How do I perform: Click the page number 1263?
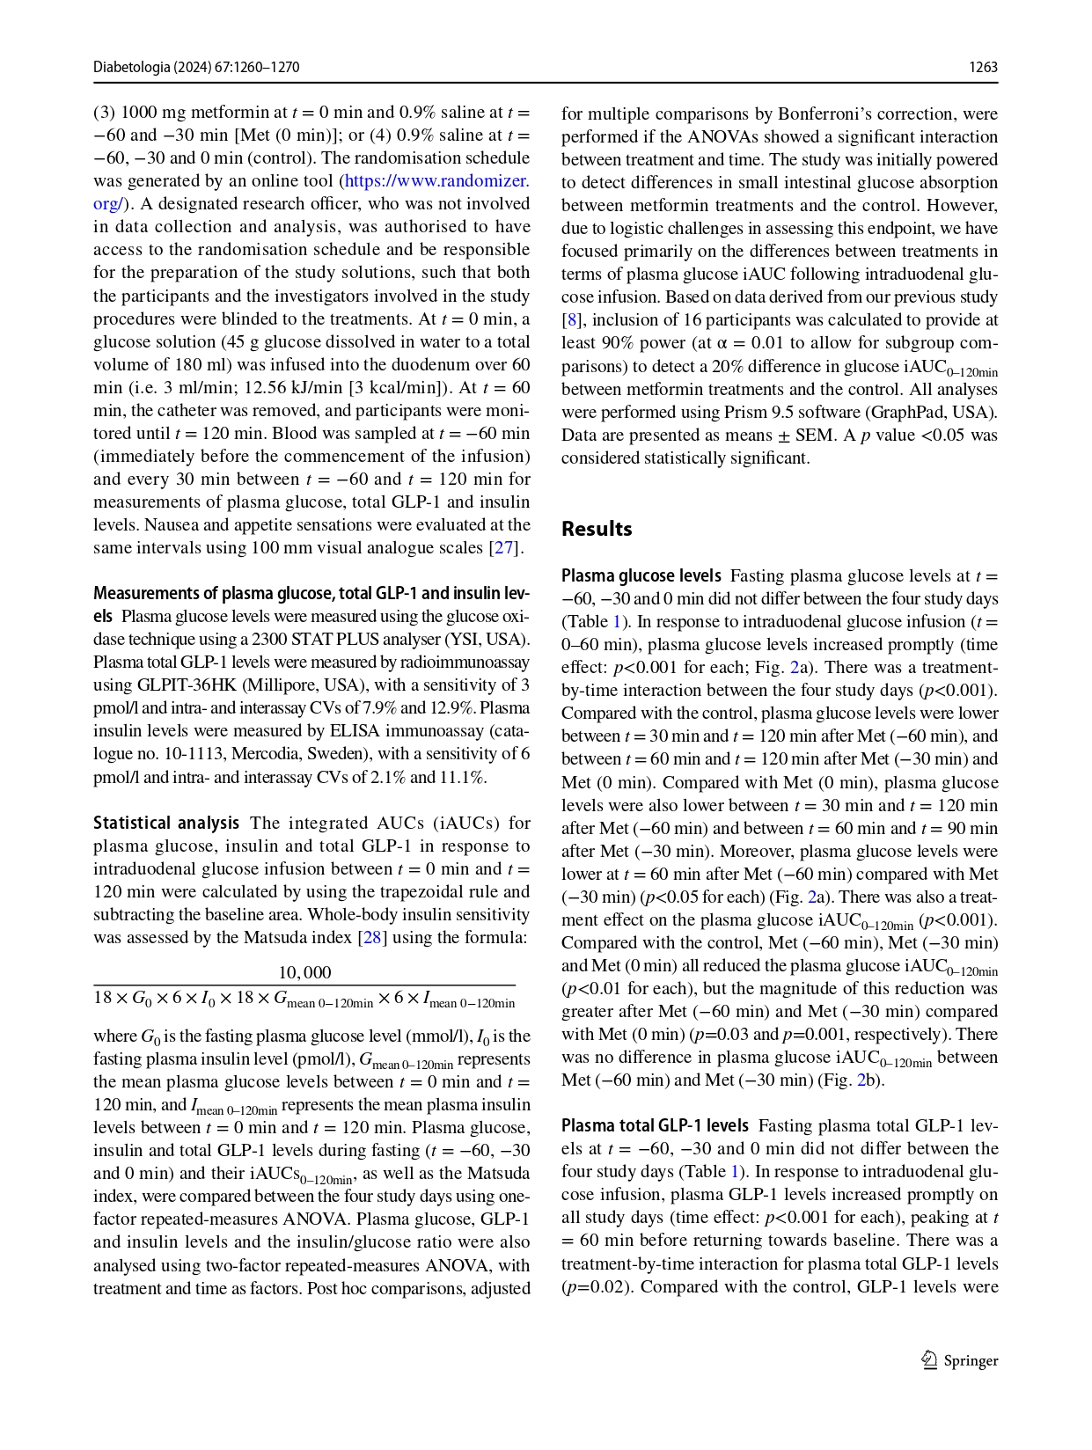(983, 68)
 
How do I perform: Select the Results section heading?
(597, 529)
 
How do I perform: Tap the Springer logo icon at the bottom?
(929, 1360)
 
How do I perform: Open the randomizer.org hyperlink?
(436, 181)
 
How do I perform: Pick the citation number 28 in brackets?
(372, 938)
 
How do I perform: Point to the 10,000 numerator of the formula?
(304, 972)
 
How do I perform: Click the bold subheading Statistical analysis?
(166, 824)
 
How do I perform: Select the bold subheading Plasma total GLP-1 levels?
(655, 1126)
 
